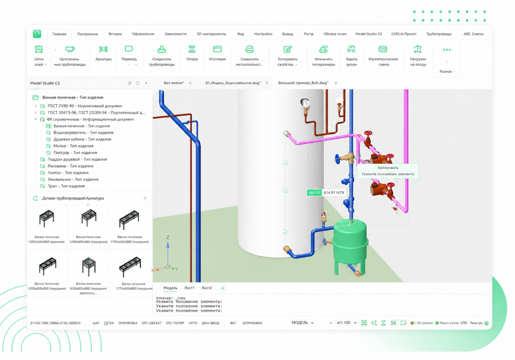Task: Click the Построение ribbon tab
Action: tap(87, 34)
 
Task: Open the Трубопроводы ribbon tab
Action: tap(439, 34)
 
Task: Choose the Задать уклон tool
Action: tap(351, 56)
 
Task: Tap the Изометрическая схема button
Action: tap(383, 56)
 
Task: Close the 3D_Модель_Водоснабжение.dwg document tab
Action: tap(267, 83)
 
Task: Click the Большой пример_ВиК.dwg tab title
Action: tap(303, 83)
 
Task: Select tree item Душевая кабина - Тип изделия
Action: tap(82, 139)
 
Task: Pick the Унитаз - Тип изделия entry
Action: tap(68, 173)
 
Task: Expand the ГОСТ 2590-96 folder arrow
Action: tap(36, 106)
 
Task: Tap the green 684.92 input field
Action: tap(314, 192)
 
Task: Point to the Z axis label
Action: tap(168, 237)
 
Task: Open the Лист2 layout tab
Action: tap(206, 288)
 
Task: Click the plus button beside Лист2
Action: tap(222, 288)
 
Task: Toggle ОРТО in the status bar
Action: tap(193, 323)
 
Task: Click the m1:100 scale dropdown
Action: tap(346, 323)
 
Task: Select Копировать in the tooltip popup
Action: tap(388, 168)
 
